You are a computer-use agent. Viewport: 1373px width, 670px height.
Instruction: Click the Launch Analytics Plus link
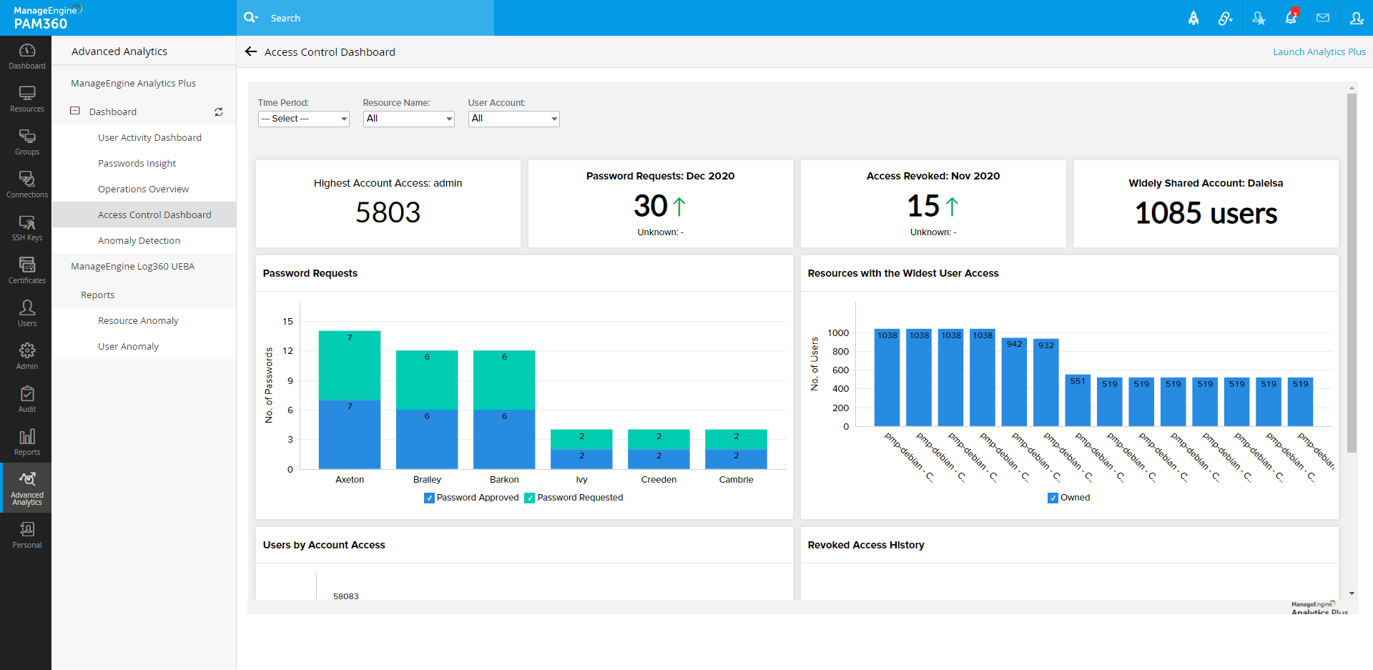pyautogui.click(x=1319, y=52)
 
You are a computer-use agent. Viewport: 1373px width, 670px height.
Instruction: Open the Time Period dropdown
pyautogui.click(x=303, y=119)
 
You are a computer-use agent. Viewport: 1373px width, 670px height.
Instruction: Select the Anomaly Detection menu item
pyautogui.click(x=139, y=241)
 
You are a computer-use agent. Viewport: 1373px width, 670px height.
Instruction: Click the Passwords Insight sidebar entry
pyautogui.click(x=137, y=164)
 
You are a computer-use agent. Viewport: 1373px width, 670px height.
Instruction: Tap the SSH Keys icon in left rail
pyautogui.click(x=27, y=228)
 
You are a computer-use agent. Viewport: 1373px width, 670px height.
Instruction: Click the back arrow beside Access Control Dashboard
pyautogui.click(x=251, y=51)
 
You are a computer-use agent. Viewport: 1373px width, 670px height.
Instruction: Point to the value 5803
pyautogui.click(x=388, y=212)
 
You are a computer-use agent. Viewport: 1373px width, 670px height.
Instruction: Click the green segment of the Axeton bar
pyautogui.click(x=350, y=365)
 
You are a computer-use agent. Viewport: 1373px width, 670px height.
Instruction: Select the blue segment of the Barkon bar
pyautogui.click(x=504, y=439)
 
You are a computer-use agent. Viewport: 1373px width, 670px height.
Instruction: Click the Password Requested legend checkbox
pyautogui.click(x=530, y=498)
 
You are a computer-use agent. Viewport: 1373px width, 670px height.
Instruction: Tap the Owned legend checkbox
pyautogui.click(x=1053, y=498)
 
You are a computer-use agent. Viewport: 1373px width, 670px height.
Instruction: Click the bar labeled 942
pyautogui.click(x=1014, y=383)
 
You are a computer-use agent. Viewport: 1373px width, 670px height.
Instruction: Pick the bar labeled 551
pyautogui.click(x=1078, y=400)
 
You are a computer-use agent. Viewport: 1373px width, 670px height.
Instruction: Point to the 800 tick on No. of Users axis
pyautogui.click(x=840, y=352)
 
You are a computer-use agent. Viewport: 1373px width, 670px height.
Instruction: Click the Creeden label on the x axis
pyautogui.click(x=659, y=480)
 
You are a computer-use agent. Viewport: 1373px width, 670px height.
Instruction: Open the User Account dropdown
pyautogui.click(x=513, y=119)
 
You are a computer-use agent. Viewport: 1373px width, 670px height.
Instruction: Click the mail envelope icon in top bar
pyautogui.click(x=1323, y=18)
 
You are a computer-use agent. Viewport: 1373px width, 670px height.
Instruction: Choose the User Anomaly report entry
pyautogui.click(x=128, y=347)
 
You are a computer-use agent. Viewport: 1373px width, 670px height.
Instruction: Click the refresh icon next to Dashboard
pyautogui.click(x=219, y=112)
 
